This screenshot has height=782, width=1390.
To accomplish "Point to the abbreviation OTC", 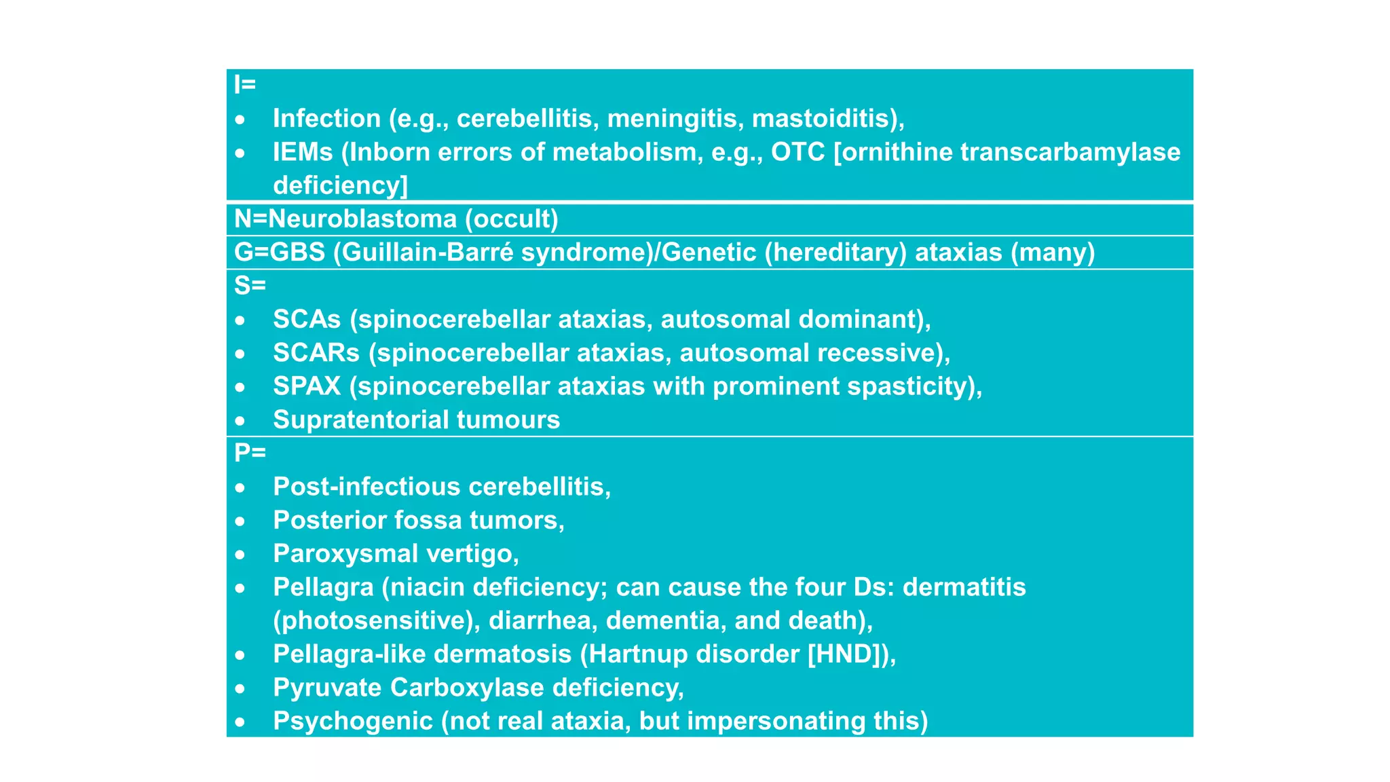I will [x=797, y=152].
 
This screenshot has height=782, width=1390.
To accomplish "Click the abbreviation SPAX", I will [x=307, y=386].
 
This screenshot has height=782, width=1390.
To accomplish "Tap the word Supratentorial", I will [x=360, y=420].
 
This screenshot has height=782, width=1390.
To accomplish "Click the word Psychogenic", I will [x=353, y=721].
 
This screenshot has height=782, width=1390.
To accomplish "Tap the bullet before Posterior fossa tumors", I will [x=240, y=521].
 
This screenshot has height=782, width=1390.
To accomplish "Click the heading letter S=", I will [x=250, y=286].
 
